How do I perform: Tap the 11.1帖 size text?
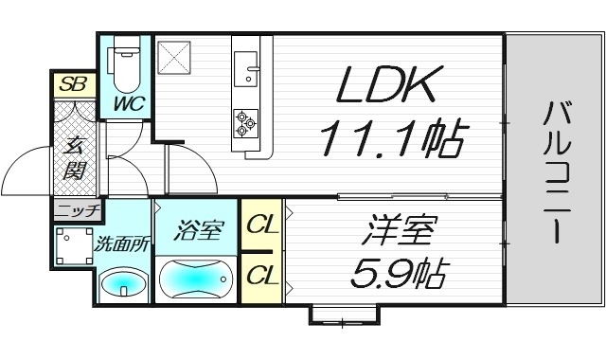point(389,140)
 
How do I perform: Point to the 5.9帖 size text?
point(388,275)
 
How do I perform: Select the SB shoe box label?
point(72,83)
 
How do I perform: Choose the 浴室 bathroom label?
point(197,229)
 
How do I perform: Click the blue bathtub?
point(196,279)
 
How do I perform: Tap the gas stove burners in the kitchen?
point(246,120)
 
